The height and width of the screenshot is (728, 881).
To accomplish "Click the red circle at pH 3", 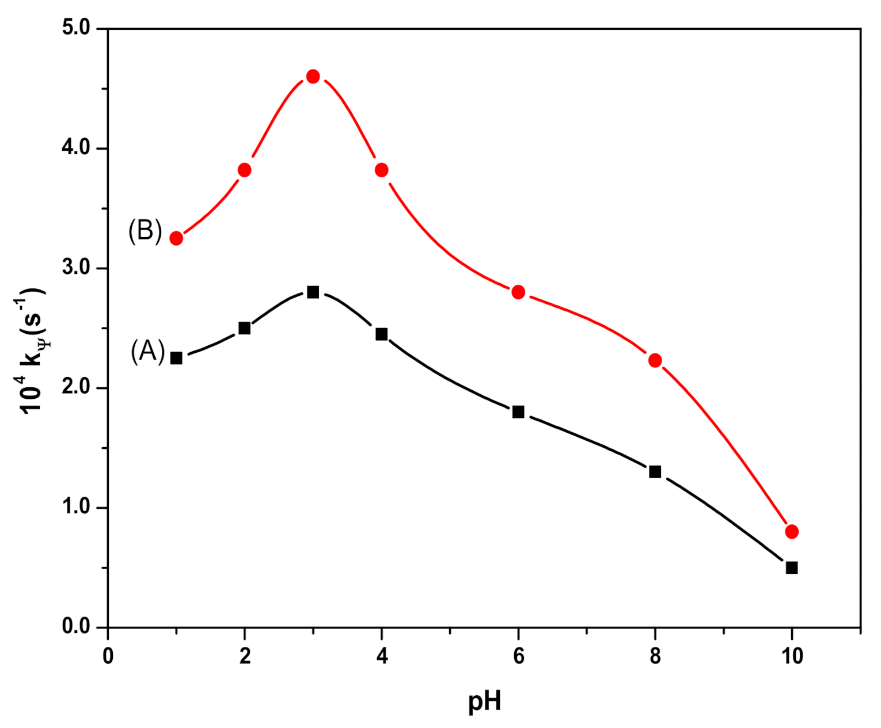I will click(313, 77).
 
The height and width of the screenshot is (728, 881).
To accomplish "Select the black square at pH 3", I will click(313, 292).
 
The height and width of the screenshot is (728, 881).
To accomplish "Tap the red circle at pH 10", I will click(791, 531).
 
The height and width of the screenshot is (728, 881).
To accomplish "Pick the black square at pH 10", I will click(791, 567).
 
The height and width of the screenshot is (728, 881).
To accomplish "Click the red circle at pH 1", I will click(176, 238).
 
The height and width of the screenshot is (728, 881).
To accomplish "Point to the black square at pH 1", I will click(176, 358).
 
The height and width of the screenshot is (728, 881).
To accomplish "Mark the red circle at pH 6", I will click(518, 292).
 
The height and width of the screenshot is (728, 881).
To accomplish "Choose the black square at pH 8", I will click(655, 472).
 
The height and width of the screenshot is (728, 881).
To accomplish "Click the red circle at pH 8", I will click(655, 360).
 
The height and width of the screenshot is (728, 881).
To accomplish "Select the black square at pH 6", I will click(518, 411).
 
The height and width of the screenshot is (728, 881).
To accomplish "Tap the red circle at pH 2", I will click(244, 170).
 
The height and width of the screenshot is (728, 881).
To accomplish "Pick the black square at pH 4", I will click(381, 334).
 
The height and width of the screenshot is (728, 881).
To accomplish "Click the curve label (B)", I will click(145, 231).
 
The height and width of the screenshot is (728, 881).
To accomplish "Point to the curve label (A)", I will click(147, 350).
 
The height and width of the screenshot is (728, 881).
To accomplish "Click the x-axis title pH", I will click(484, 702).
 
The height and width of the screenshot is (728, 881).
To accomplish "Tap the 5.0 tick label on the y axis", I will click(76, 28).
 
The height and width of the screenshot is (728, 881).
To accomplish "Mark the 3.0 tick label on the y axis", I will click(76, 268).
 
